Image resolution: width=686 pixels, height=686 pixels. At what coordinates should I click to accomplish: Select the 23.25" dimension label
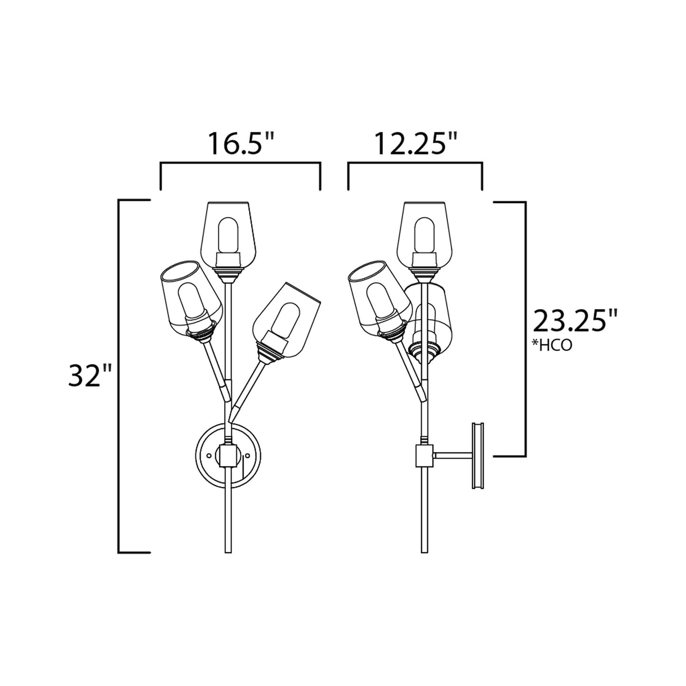pyautogui.click(x=576, y=321)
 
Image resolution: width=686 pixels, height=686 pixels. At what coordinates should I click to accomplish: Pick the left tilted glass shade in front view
pyautogui.click(x=190, y=297)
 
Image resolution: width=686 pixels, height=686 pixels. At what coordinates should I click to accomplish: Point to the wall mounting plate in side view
pyautogui.click(x=477, y=455)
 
